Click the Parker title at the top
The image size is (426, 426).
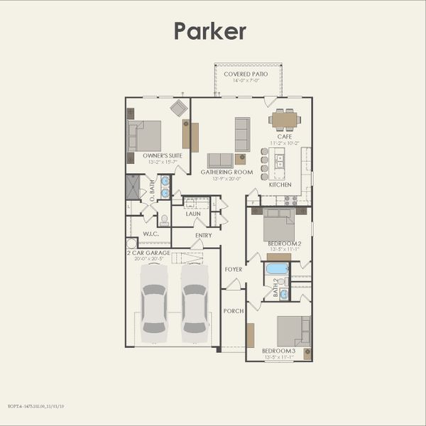coord(211,31)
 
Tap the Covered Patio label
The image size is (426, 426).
coord(246,74)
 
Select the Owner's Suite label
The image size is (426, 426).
coord(162,155)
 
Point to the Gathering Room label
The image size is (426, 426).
coord(226,172)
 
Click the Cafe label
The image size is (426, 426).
coord(285,136)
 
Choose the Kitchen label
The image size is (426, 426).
coord(280,185)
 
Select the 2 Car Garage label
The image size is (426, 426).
coord(149,253)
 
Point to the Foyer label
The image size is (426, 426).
coord(234,270)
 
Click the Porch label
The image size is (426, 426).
coord(233,311)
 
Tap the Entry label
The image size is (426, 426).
coord(203,236)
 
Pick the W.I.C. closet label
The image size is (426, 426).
coord(151,234)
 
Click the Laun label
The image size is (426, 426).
coord(194,213)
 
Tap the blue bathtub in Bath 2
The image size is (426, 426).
coord(277,269)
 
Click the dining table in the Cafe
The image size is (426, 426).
coord(285,119)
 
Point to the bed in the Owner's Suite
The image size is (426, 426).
coord(145,136)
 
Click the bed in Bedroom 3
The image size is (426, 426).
coord(293,330)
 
